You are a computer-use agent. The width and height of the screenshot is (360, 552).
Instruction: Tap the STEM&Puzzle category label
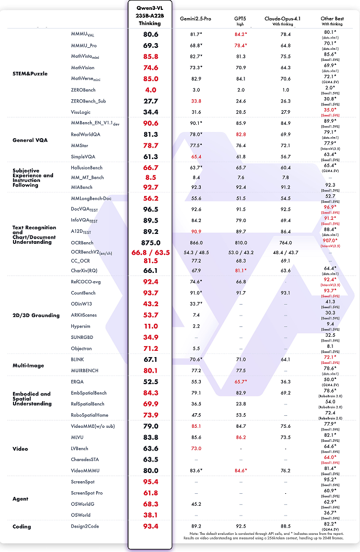(x=30, y=74)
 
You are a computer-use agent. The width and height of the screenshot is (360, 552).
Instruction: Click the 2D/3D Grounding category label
(x=36, y=315)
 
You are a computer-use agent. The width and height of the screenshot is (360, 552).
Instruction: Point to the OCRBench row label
(x=82, y=243)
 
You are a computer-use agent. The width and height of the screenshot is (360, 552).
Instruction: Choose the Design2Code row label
(x=85, y=527)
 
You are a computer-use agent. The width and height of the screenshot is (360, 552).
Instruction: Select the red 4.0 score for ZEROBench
(x=150, y=90)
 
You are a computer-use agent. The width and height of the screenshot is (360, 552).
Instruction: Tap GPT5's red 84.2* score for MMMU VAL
(x=240, y=34)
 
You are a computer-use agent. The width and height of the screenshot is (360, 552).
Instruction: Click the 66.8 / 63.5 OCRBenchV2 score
(x=150, y=252)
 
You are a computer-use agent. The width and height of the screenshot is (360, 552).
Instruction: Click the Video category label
(x=20, y=449)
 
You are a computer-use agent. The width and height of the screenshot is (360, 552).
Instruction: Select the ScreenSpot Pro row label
(x=87, y=492)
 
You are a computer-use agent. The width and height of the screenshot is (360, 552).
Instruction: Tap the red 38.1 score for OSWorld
(x=150, y=515)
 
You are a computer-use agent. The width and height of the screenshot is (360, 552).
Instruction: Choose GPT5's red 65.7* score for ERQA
(x=240, y=381)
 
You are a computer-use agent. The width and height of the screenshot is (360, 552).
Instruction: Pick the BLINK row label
(x=78, y=359)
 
